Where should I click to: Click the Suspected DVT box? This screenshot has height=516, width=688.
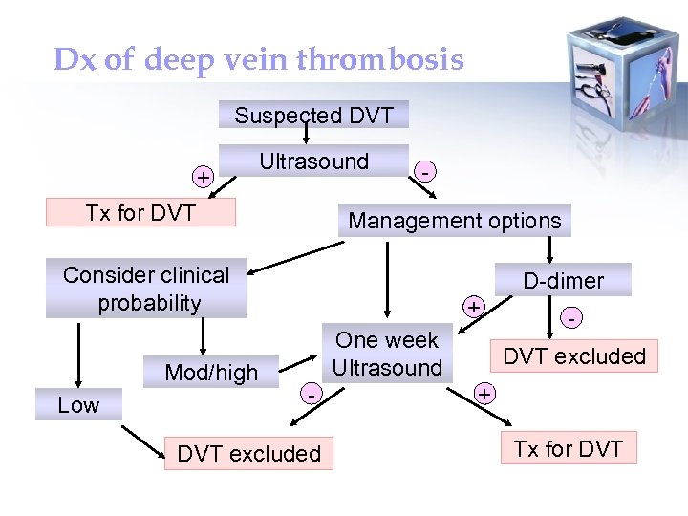313,116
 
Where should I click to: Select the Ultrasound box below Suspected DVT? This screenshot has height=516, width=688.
313,161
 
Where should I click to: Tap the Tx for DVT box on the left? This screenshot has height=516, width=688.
140,212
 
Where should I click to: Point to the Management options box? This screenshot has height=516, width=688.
455,221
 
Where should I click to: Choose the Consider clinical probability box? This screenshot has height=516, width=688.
146,289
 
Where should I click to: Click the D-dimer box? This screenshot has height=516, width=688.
563,280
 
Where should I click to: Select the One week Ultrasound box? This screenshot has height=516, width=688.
387,354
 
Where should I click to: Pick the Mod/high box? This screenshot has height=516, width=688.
211,372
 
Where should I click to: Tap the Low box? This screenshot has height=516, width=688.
78,404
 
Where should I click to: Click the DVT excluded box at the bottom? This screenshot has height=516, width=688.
249,454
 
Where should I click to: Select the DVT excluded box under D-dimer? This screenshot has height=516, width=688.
574,356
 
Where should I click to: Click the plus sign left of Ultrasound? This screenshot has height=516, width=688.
203,177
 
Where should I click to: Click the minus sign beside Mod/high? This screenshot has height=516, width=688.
310,392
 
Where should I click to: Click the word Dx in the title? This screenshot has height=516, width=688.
75,60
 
